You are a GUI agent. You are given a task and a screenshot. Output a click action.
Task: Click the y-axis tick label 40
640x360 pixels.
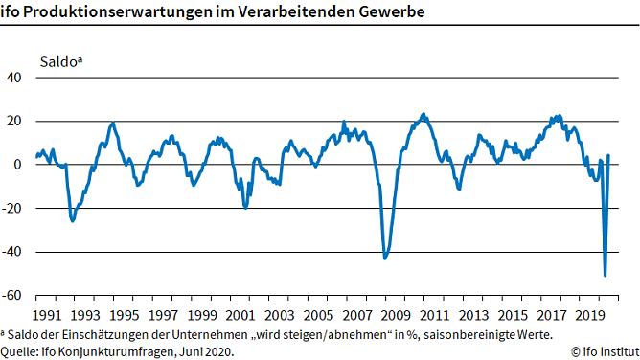pyautogui.click(x=16, y=78)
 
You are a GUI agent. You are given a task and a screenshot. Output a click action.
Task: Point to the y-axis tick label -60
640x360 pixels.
pyautogui.click(x=13, y=296)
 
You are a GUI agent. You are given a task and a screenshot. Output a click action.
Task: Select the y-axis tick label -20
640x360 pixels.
pyautogui.click(x=13, y=209)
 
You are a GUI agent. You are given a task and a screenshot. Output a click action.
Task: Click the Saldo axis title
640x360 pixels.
pyautogui.click(x=60, y=61)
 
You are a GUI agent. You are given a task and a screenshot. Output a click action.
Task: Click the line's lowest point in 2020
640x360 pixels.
pyautogui.click(x=605, y=276)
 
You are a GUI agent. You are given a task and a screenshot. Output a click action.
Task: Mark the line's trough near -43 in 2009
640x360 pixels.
pyautogui.click(x=385, y=258)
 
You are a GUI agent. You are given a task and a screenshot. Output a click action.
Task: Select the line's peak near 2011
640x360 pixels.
pyautogui.click(x=423, y=114)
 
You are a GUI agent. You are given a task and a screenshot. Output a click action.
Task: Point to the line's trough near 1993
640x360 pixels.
pyautogui.click(x=73, y=221)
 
